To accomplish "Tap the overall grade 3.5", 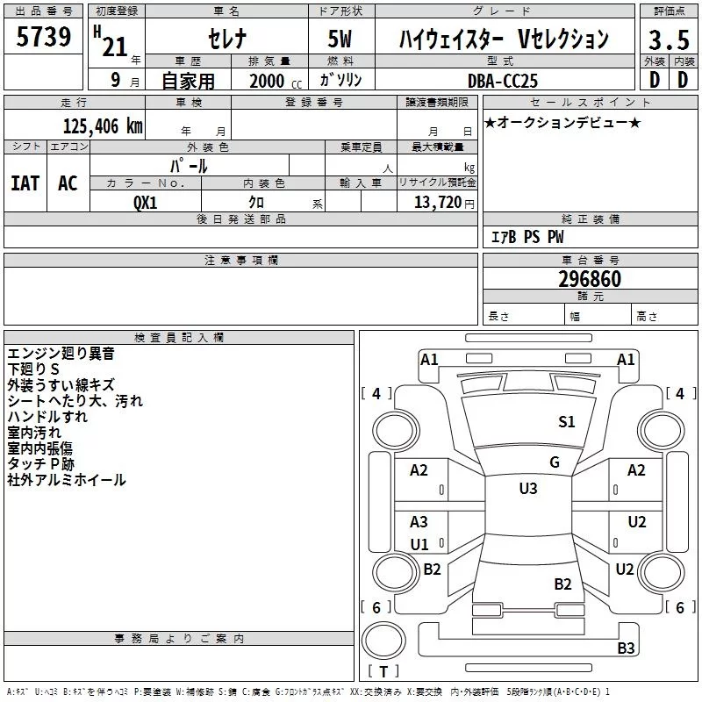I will [667, 39].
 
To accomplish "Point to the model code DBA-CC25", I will [505, 80].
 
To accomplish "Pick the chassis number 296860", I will [590, 279].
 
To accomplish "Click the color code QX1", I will [146, 201].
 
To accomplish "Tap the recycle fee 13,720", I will [438, 202].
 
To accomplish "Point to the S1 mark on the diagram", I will [567, 422].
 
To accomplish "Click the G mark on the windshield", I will [554, 462].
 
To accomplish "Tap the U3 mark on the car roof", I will [527, 489].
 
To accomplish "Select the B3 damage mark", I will [626, 648].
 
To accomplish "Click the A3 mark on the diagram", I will [419, 522].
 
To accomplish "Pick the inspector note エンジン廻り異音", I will [61, 354].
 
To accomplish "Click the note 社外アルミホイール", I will [67, 480].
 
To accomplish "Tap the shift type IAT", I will [25, 183].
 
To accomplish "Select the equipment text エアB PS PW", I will [527, 237].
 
